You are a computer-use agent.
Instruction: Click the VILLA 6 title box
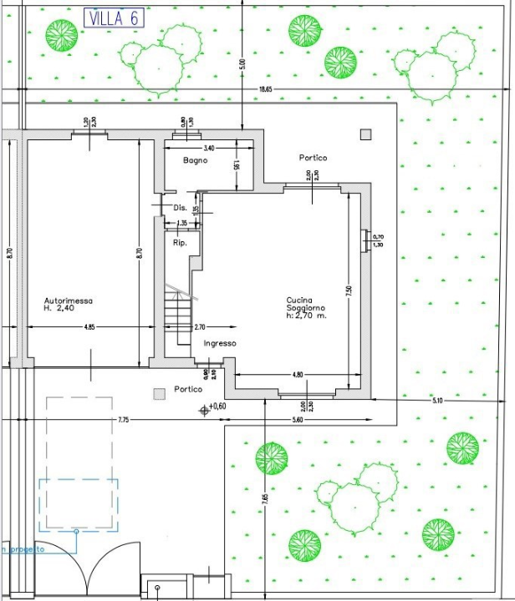point(114,18)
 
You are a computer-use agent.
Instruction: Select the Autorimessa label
point(69,300)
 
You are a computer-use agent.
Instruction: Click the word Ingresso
point(219,343)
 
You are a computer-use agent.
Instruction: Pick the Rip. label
point(179,243)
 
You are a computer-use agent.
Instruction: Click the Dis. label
point(179,207)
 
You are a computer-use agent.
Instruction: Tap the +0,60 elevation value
point(217,407)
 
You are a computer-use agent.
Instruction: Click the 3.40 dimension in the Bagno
point(208,148)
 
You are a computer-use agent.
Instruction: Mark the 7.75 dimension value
point(123,419)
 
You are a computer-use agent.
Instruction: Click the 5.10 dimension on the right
point(437,402)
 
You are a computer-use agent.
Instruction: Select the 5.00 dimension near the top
point(242,63)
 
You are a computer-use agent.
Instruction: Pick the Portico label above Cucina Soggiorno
point(313,158)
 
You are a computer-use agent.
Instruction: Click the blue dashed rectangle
point(78,504)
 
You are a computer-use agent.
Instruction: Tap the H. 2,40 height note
point(60,309)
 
